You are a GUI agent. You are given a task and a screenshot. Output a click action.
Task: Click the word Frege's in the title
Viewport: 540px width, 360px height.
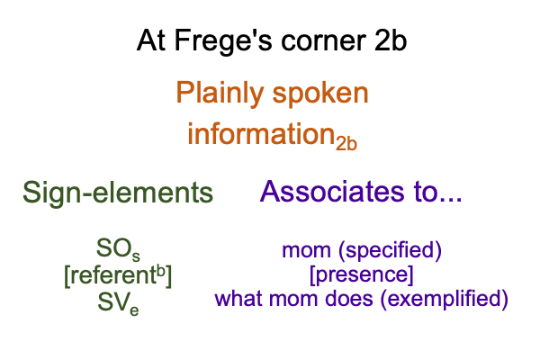pyautogui.click(x=223, y=41)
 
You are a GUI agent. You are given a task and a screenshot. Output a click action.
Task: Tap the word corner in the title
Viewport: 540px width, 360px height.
pyautogui.click(x=323, y=41)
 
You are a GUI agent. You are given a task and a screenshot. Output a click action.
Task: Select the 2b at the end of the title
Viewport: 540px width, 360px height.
pyautogui.click(x=391, y=40)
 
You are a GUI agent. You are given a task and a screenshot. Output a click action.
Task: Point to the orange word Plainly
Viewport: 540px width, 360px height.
pyautogui.click(x=220, y=94)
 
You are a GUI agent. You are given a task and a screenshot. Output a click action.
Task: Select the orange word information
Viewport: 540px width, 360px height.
pyautogui.click(x=261, y=133)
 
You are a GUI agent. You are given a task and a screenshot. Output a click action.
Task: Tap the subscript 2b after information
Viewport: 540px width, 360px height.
pyautogui.click(x=346, y=143)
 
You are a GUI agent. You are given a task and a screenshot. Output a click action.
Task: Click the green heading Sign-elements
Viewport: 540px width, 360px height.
pyautogui.click(x=118, y=193)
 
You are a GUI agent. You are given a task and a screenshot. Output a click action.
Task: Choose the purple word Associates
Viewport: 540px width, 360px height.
pyautogui.click(x=332, y=191)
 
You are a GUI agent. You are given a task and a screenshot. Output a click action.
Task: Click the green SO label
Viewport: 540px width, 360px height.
pyautogui.click(x=118, y=248)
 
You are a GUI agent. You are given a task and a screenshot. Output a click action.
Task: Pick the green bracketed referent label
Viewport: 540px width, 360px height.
pyautogui.click(x=118, y=275)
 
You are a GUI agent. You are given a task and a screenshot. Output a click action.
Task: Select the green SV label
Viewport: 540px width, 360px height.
pyautogui.click(x=118, y=303)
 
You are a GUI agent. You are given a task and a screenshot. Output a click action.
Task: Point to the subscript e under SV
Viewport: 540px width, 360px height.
pyautogui.click(x=134, y=310)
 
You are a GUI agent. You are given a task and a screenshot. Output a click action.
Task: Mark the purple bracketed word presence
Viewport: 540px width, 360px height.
pyautogui.click(x=362, y=274)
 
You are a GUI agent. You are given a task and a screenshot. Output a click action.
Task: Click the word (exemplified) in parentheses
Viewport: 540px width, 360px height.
pyautogui.click(x=445, y=299)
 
